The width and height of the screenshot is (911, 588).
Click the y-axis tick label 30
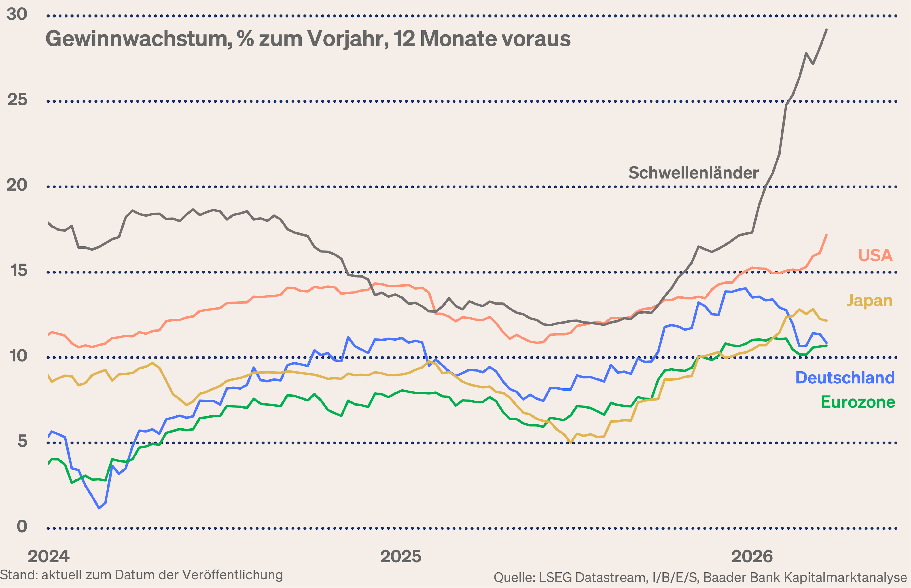tap(17, 14)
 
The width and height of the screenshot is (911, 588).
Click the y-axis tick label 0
tap(22, 527)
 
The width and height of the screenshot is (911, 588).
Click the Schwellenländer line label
tap(693, 173)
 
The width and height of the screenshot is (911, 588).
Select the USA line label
tap(875, 256)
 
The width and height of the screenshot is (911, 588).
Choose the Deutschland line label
tap(845, 378)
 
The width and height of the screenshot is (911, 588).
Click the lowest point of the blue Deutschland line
tap(99, 508)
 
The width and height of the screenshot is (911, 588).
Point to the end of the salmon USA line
tap(827, 235)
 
